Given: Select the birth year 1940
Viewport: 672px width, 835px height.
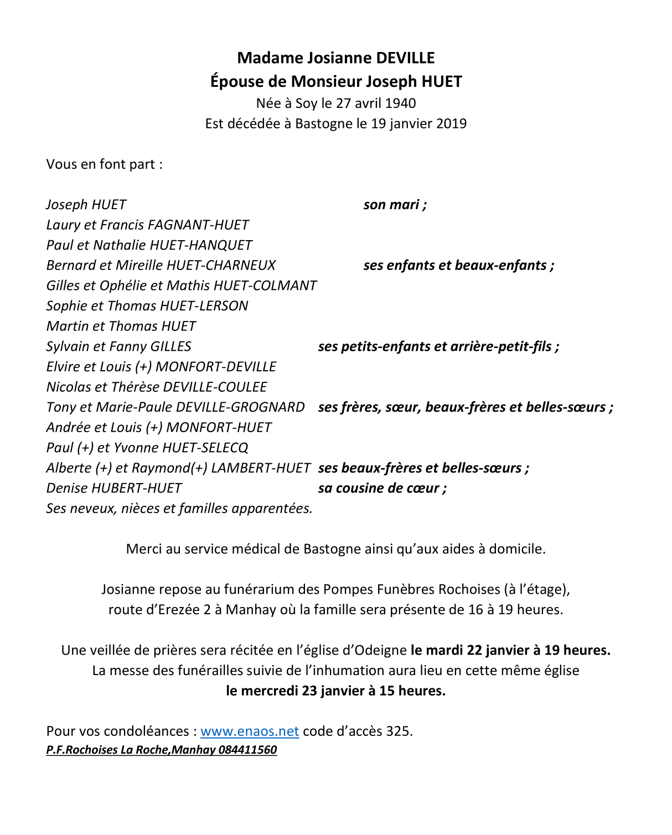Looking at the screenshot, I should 400,103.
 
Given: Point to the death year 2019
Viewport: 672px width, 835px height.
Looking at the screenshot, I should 451,123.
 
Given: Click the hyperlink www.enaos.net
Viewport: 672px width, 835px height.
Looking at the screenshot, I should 250,732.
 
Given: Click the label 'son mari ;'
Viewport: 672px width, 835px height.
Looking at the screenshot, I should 395,205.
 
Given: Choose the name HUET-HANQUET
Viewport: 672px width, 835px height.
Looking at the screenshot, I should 201,245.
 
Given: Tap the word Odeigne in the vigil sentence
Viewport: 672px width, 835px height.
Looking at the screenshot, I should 379,650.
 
